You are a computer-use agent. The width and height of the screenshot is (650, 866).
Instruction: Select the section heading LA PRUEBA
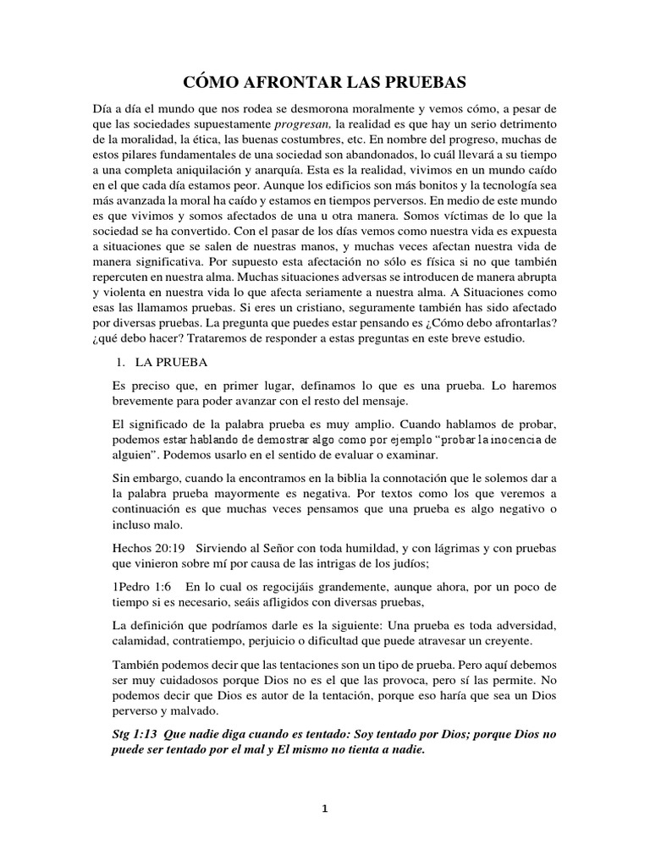(x=168, y=362)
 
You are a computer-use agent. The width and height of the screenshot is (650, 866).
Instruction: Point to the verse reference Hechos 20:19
(x=146, y=551)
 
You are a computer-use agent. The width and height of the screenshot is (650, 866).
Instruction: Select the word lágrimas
(x=425, y=551)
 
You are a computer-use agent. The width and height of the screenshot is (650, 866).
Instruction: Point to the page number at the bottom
(x=324, y=808)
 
